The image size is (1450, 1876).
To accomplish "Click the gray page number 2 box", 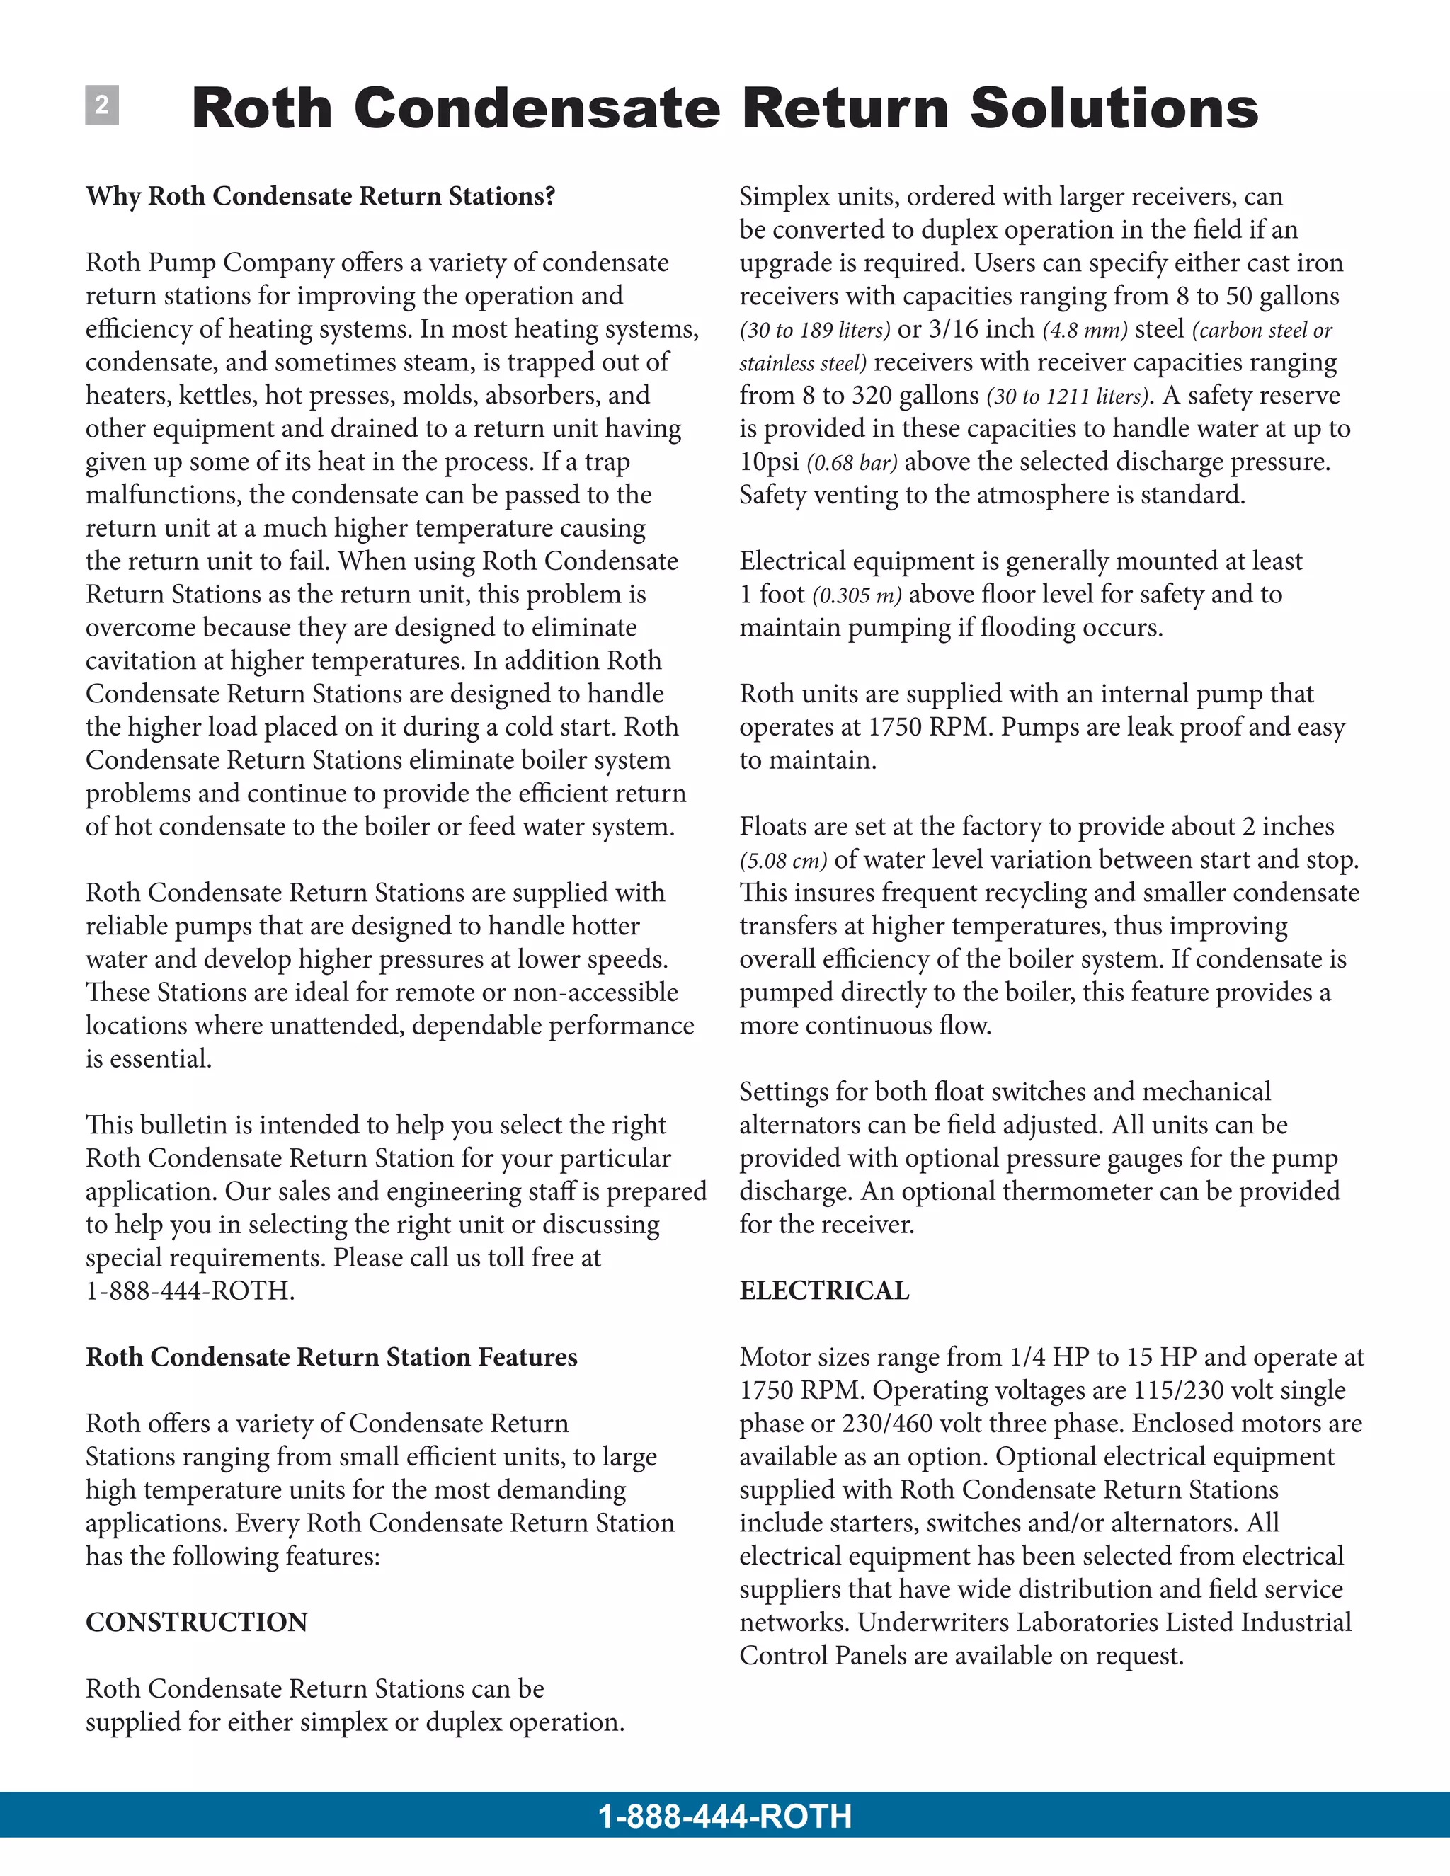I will [101, 105].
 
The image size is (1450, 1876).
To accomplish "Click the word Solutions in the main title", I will [1114, 109].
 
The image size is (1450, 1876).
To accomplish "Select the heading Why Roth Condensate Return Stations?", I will [321, 197].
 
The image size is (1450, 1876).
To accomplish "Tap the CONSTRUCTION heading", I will [197, 1623].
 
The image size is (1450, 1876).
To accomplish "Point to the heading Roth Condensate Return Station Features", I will [331, 1357].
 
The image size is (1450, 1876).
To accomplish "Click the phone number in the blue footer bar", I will [724, 1817].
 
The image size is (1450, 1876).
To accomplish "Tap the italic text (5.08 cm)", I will [782, 861].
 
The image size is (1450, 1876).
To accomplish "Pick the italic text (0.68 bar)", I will [851, 463].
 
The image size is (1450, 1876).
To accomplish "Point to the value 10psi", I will [769, 462].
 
